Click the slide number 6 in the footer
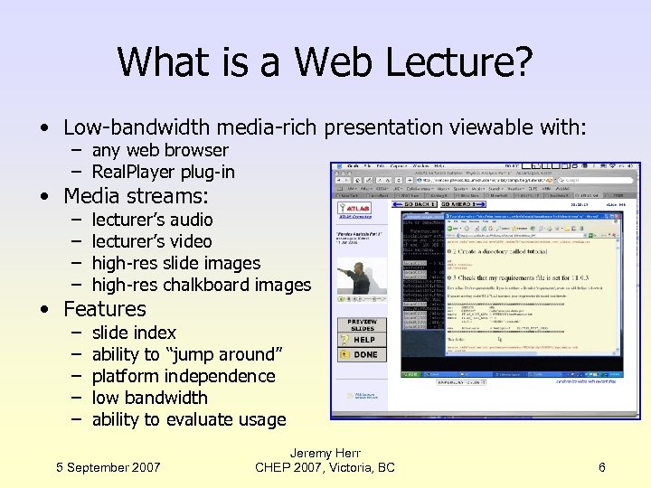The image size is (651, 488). click(602, 467)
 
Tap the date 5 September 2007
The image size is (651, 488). click(108, 467)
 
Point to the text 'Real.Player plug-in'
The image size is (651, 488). click(163, 172)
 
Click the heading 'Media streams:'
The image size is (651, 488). click(136, 196)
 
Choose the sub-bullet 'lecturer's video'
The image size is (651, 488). click(152, 241)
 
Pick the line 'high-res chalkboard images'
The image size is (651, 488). click(201, 285)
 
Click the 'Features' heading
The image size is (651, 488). click(104, 309)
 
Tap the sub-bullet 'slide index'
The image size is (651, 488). click(134, 333)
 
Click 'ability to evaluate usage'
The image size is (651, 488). click(188, 419)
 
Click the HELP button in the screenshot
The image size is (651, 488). click(363, 339)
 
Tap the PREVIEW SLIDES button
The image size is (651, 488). click(362, 324)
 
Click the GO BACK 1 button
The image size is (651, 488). click(414, 207)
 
